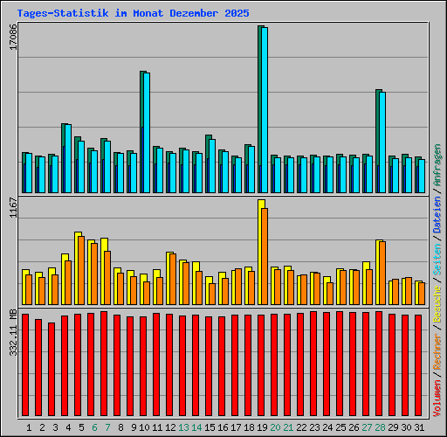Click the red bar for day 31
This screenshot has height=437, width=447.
click(418, 367)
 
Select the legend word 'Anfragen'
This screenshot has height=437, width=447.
click(437, 167)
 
